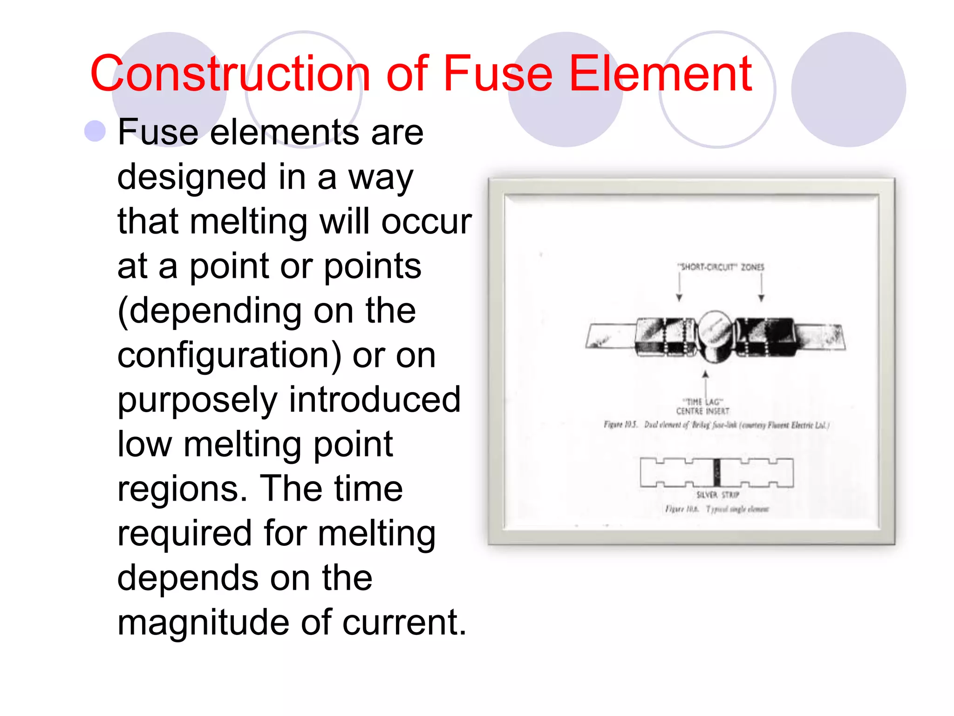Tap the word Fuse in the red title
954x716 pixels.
pos(498,74)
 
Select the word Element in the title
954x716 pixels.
pos(660,74)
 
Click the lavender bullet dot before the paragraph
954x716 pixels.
pos(95,131)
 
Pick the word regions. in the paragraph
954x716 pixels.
pos(182,489)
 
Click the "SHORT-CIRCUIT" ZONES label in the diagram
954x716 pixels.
pos(720,267)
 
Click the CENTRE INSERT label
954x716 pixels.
pos(702,411)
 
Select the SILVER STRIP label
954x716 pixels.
pos(717,495)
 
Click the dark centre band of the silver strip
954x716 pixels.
pos(717,473)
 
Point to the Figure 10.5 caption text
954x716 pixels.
pos(716,425)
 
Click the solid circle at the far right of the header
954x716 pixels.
pos(848,89)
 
